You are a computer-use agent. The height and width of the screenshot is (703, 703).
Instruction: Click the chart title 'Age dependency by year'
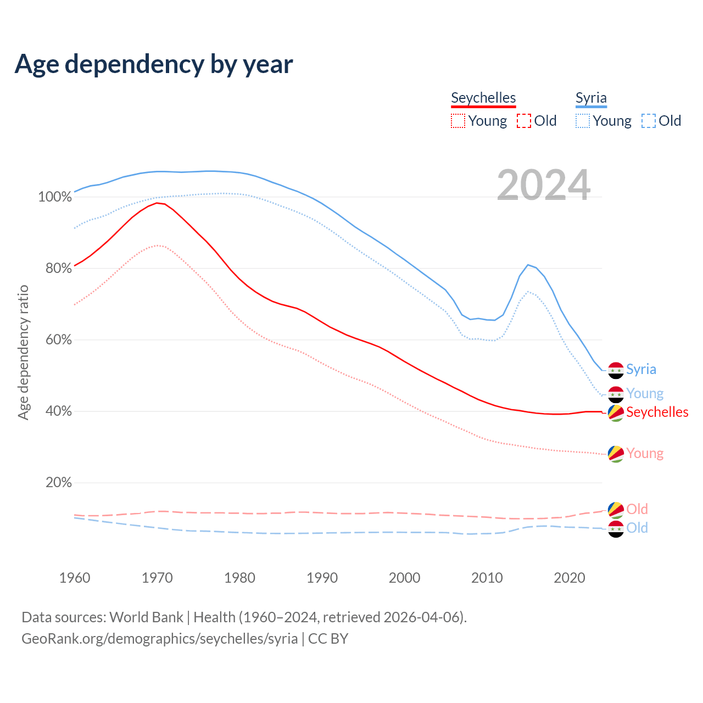154,64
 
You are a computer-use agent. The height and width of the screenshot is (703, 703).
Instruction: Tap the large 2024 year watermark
544,185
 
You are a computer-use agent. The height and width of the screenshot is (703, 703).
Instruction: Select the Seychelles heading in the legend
483,98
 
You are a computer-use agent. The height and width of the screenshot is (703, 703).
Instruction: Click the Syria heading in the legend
591,98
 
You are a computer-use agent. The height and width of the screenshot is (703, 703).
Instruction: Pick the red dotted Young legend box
457,121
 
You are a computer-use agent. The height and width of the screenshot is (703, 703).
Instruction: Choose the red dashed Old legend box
524,121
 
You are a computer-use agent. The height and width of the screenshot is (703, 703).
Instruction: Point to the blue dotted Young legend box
583,121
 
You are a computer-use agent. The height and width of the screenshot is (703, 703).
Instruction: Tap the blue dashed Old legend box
649,121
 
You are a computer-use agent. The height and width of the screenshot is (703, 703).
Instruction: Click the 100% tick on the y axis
55,197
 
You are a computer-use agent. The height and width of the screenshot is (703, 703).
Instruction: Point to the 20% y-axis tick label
59,483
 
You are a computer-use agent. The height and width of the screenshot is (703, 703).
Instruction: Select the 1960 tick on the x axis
75,578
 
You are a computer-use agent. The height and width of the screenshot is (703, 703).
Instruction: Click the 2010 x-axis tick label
487,578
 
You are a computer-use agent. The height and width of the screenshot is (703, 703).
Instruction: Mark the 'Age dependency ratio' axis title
23,352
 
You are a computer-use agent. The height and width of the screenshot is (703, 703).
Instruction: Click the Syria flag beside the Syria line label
616,370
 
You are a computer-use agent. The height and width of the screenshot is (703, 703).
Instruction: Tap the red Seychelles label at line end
657,412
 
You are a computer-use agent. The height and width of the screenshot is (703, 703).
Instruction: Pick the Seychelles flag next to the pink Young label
616,454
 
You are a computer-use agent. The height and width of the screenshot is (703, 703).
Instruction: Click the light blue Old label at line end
637,528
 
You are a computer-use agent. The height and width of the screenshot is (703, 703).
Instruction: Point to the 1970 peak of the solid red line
157,203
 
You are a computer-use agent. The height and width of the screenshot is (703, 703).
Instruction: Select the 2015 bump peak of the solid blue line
528,265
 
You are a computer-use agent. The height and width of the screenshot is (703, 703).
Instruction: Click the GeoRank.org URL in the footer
159,639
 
